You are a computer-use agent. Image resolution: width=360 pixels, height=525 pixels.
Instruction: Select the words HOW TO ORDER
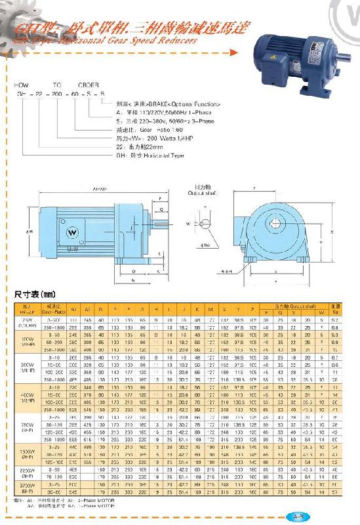click(x=61, y=85)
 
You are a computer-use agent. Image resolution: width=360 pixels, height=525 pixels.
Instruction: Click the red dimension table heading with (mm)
click(x=33, y=295)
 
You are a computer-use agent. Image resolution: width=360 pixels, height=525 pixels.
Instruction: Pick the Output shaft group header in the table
click(x=293, y=306)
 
